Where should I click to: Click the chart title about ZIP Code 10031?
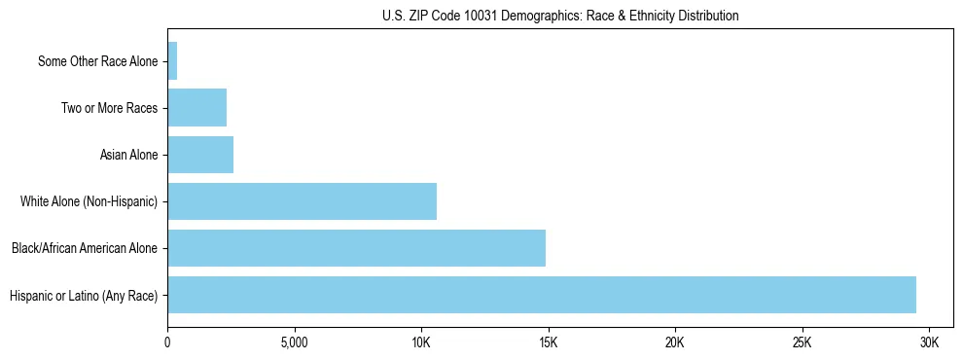(x=559, y=16)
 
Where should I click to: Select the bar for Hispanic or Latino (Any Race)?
(x=542, y=295)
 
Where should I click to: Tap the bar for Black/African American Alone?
(x=356, y=248)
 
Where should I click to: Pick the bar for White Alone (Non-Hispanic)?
(x=302, y=201)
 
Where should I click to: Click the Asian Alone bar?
(x=200, y=155)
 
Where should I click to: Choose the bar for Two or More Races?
(x=196, y=108)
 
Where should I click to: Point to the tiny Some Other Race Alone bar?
(x=172, y=61)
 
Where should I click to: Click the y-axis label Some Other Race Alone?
(x=97, y=61)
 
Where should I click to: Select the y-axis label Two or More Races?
(x=109, y=108)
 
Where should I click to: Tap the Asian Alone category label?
(x=128, y=155)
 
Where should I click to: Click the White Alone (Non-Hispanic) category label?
(x=89, y=201)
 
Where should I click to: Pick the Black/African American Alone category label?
(x=84, y=248)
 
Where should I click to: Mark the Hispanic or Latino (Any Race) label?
(x=83, y=295)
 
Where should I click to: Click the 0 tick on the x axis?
(x=167, y=343)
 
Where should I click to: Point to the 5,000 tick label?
(x=294, y=343)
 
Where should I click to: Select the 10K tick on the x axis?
(x=421, y=343)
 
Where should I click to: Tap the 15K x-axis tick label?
(x=548, y=343)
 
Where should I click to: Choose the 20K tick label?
(x=675, y=343)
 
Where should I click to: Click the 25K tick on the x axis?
(x=802, y=343)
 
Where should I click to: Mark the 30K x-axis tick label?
(x=929, y=343)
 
